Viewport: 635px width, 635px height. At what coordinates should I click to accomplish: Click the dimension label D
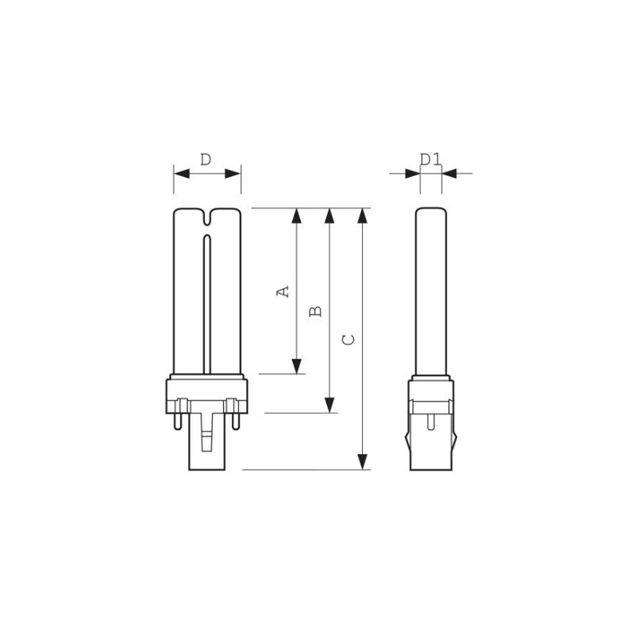pyautogui.click(x=206, y=160)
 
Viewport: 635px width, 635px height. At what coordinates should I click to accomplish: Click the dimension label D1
pyautogui.click(x=431, y=160)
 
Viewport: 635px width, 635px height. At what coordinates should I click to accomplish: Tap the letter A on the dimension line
pyautogui.click(x=281, y=291)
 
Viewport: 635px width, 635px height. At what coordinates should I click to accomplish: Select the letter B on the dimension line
pyautogui.click(x=315, y=310)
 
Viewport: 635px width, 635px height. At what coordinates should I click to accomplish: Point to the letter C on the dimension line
pyautogui.click(x=347, y=340)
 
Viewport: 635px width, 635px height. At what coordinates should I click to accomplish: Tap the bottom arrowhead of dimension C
pyautogui.click(x=363, y=460)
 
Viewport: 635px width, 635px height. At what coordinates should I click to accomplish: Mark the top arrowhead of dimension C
pyautogui.click(x=363, y=217)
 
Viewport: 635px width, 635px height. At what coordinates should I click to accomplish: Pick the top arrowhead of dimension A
pyautogui.click(x=296, y=217)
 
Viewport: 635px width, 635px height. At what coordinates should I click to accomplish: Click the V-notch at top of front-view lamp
pyautogui.click(x=206, y=217)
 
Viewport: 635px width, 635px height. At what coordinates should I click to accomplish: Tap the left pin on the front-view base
pyautogui.click(x=183, y=409)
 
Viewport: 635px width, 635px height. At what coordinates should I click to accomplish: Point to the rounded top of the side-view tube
pyautogui.click(x=431, y=213)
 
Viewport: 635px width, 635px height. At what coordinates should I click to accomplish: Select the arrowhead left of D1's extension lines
pyautogui.click(x=412, y=172)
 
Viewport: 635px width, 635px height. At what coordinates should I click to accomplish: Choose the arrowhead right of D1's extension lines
pyautogui.click(x=451, y=172)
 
